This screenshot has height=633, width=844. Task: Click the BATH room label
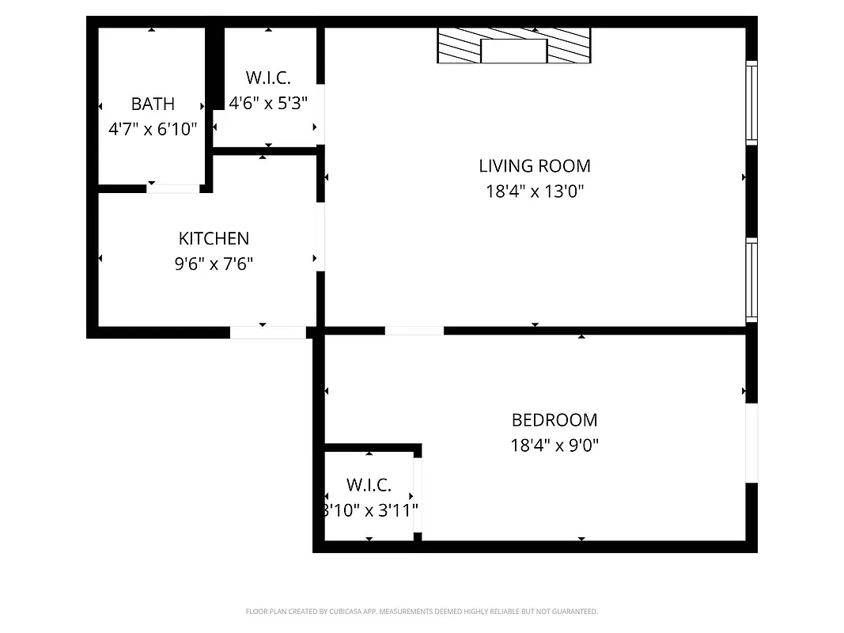click(153, 104)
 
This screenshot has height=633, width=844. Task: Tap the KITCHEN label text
click(214, 238)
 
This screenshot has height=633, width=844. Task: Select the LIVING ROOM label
click(535, 165)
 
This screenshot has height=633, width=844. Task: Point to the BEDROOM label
click(554, 420)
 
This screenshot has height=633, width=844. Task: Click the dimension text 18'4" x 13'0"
click(535, 191)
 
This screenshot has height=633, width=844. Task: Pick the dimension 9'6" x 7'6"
click(214, 263)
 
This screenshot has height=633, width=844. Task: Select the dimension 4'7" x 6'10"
click(153, 128)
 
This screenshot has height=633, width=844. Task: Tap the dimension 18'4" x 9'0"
click(554, 445)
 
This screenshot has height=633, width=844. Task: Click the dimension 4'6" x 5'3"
click(268, 103)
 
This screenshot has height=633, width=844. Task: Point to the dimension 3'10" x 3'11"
click(369, 510)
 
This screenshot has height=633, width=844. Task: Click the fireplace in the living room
click(514, 46)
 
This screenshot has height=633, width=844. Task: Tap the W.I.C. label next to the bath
click(268, 78)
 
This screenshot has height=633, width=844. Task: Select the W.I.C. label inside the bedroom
click(369, 485)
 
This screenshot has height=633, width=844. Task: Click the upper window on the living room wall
click(751, 102)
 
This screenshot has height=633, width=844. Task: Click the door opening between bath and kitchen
click(173, 188)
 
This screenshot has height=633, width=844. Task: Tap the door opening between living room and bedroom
click(414, 330)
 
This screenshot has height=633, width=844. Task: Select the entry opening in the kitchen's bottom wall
click(268, 332)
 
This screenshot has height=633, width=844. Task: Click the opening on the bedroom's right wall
click(751, 442)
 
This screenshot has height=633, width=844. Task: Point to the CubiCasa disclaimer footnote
click(422, 612)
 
